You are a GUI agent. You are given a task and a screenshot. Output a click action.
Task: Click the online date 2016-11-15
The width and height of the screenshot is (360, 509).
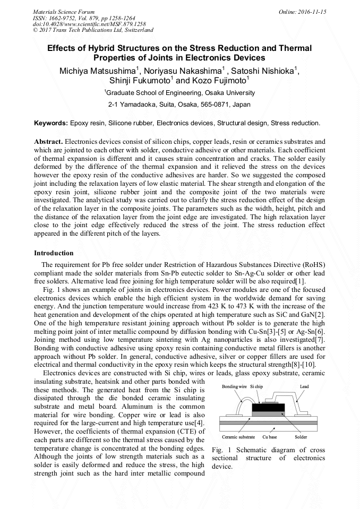[313, 11]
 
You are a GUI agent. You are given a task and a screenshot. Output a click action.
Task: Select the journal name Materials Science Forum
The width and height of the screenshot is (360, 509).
[64, 11]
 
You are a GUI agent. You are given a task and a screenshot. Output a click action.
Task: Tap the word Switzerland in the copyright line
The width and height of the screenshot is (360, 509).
[138, 30]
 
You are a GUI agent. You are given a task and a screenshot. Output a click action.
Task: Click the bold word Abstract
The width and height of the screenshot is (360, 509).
[48, 142]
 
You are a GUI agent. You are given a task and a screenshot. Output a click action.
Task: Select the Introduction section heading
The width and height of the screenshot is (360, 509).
[54, 253]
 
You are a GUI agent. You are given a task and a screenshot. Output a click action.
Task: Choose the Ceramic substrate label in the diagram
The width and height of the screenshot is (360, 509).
[238, 437]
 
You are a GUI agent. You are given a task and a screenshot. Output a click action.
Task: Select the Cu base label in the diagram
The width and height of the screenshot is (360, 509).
[270, 437]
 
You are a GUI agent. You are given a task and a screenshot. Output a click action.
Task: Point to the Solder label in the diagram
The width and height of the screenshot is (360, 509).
[301, 437]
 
